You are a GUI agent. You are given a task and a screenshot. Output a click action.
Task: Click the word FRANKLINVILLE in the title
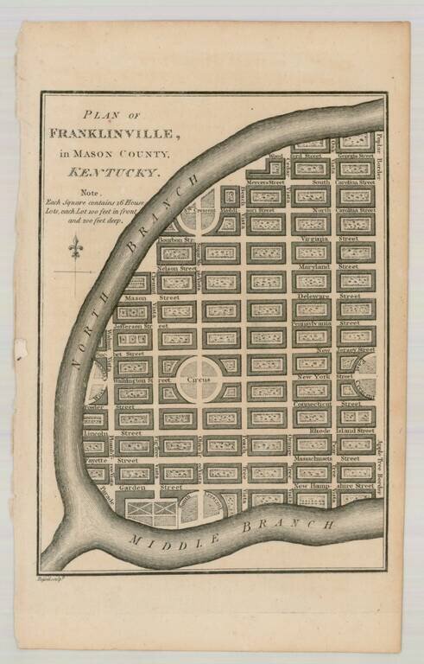(x=127, y=133)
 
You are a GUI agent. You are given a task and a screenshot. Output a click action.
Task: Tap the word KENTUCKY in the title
(x=130, y=172)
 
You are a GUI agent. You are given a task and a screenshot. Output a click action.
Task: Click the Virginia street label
(x=314, y=238)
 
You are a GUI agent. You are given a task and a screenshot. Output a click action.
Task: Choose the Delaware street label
(x=313, y=295)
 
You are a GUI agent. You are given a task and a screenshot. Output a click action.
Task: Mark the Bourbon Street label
(x=176, y=239)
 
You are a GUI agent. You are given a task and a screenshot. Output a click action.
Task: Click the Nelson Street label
(x=177, y=269)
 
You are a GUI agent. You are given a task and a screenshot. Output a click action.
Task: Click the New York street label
(x=314, y=377)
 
